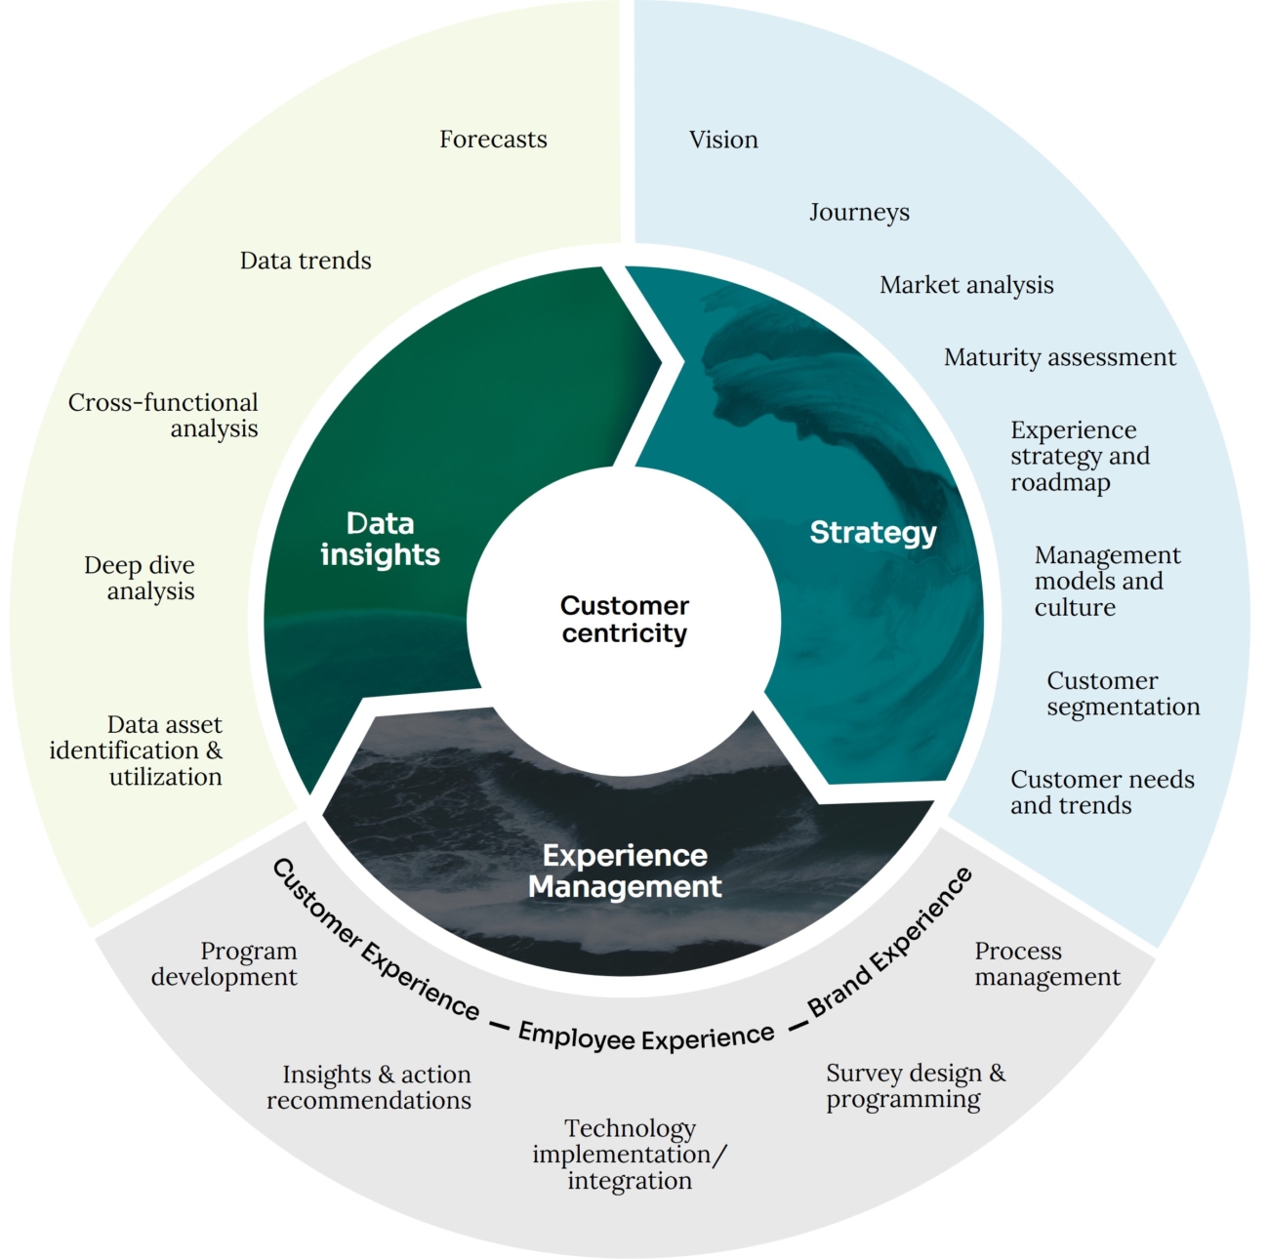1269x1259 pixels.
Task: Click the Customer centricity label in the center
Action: pyautogui.click(x=625, y=619)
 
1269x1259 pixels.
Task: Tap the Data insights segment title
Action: pyautogui.click(x=380, y=539)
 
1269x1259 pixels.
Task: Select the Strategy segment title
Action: pyautogui.click(x=873, y=532)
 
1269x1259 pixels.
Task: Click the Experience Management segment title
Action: pyautogui.click(x=625, y=871)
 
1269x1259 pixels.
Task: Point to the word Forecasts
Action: pyautogui.click(x=493, y=140)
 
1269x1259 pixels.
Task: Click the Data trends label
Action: pyautogui.click(x=306, y=261)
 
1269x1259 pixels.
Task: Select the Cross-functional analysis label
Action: pyautogui.click(x=164, y=416)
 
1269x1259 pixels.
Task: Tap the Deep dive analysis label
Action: pyautogui.click(x=140, y=578)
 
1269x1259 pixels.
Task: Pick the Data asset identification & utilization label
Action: pyautogui.click(x=137, y=751)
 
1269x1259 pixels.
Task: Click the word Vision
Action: pyautogui.click(x=723, y=140)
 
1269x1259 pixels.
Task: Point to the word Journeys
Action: pyautogui.click(x=859, y=212)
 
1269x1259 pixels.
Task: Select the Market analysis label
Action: pyautogui.click(x=966, y=285)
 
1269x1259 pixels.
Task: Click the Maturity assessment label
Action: pyautogui.click(x=1059, y=357)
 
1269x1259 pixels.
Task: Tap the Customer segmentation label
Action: pyautogui.click(x=1123, y=693)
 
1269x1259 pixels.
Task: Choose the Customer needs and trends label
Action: pyautogui.click(x=1102, y=792)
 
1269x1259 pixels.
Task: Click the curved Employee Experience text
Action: pyautogui.click(x=646, y=1036)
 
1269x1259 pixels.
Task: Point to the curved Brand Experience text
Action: pyautogui.click(x=890, y=942)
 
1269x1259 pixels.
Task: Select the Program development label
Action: pyautogui.click(x=225, y=963)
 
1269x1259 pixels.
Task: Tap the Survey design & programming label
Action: pyautogui.click(x=915, y=1085)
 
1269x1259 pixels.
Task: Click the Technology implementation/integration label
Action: pyautogui.click(x=630, y=1155)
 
